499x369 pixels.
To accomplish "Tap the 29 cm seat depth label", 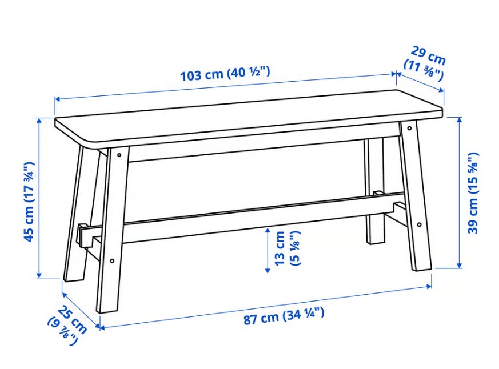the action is pos(425,63).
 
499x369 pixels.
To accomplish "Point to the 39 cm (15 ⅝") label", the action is pos(473,193).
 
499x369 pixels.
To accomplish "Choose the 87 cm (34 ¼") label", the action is pos(284,316).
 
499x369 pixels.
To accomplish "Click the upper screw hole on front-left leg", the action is pos(119,155).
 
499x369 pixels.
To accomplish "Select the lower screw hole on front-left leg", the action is pos(112,261).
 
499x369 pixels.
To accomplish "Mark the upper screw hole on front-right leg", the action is pos(409,129).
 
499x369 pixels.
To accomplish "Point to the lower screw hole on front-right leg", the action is pos(419,224).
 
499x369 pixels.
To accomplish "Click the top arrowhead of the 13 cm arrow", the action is pos(268,230).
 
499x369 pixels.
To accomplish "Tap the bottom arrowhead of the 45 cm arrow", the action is pos(39,275).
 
